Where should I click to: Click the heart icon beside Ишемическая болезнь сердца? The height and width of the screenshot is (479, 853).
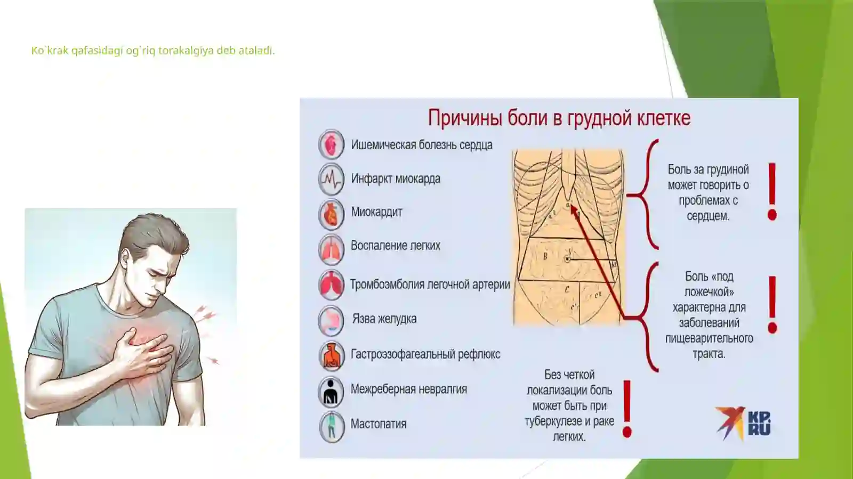[331, 144]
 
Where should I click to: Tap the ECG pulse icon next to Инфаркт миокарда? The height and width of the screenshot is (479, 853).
[331, 179]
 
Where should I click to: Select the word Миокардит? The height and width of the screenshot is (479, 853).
[376, 212]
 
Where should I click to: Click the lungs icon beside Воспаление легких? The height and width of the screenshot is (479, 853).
[331, 249]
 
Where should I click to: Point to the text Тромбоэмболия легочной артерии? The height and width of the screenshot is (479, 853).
[430, 285]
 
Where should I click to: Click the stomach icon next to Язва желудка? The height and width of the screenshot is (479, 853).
[331, 320]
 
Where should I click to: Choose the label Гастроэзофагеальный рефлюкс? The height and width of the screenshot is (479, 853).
[425, 354]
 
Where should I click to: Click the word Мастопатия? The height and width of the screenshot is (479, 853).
[378, 424]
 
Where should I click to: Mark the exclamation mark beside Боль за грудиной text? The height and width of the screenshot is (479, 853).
[772, 191]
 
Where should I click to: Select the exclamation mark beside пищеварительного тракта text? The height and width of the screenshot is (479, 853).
[772, 304]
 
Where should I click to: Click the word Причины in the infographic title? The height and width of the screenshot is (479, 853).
[464, 118]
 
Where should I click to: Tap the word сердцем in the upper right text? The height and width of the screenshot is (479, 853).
[708, 216]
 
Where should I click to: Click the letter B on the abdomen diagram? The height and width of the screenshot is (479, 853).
[545, 256]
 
